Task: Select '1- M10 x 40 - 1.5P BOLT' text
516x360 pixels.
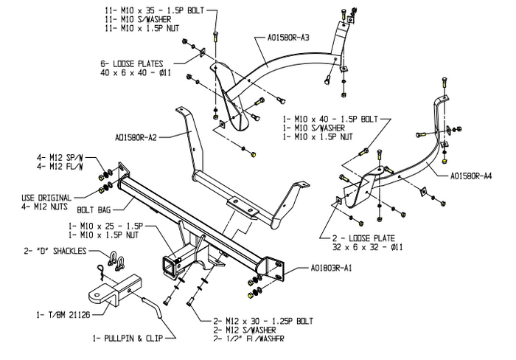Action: pos(329,118)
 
